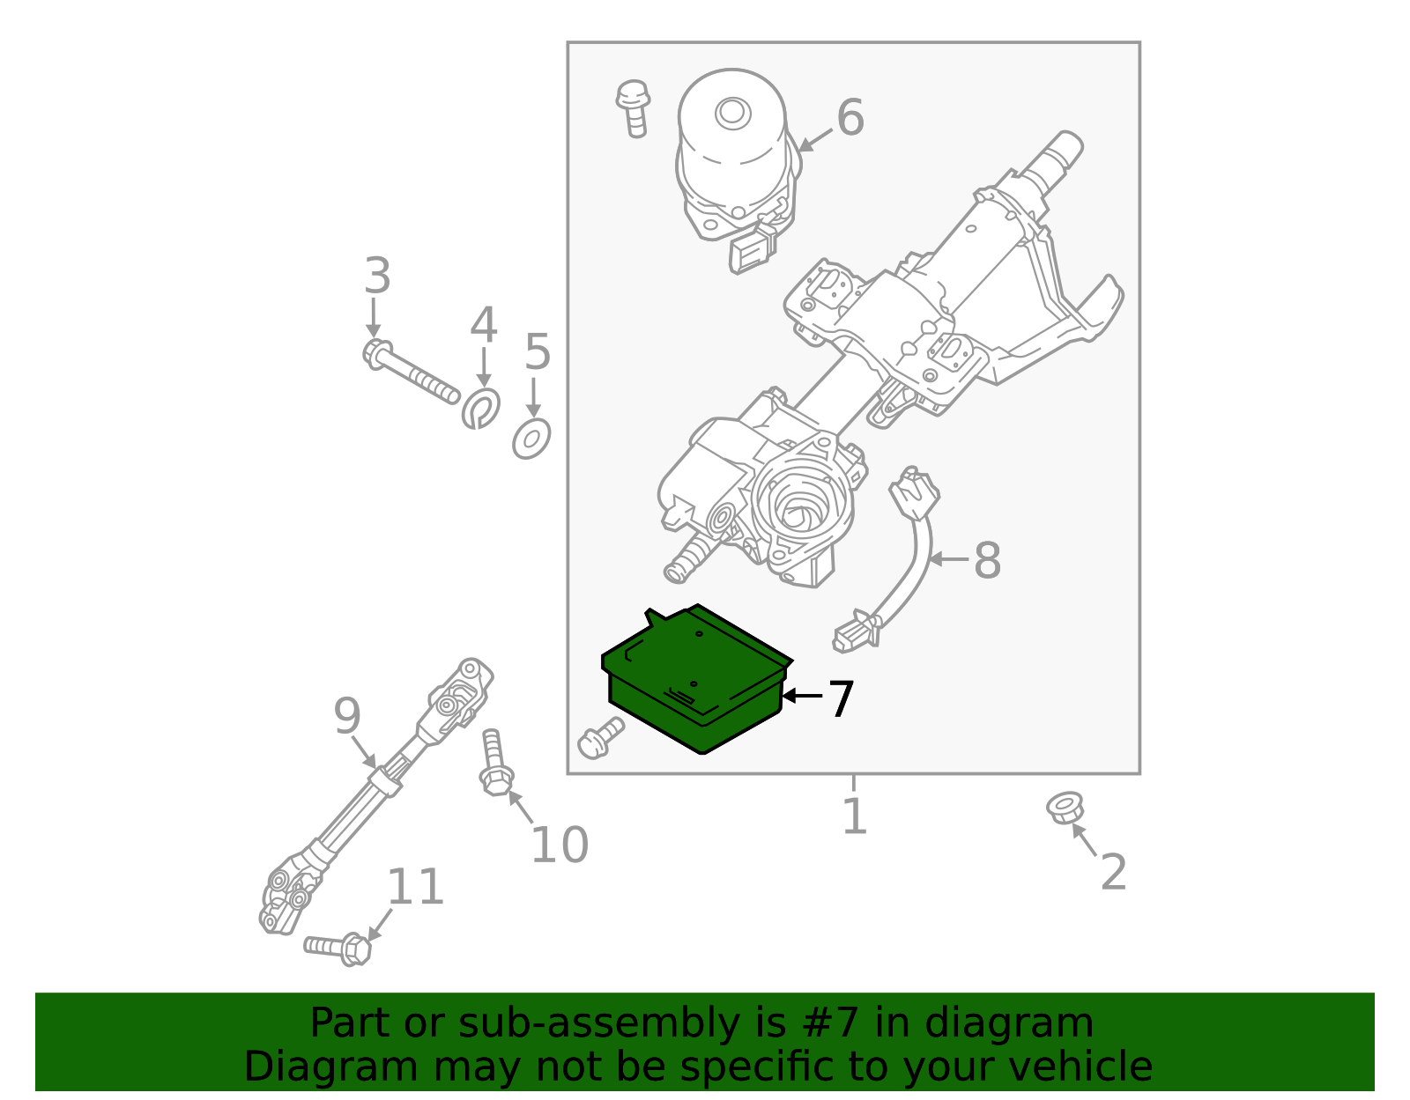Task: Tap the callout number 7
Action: coord(841,699)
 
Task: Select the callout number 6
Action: coord(850,118)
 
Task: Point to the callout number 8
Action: coord(987,560)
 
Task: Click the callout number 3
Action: coord(377,277)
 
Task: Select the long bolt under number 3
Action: coord(410,373)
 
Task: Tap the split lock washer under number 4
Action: coord(481,408)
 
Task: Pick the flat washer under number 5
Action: coord(531,438)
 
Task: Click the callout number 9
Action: coord(347,716)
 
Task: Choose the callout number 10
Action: coord(559,845)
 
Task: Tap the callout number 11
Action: coord(415,887)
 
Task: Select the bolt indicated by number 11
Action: coord(338,948)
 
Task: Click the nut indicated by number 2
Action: coord(1065,808)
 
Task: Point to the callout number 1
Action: coord(854,816)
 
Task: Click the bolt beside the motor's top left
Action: coord(633,107)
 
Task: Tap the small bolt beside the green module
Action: coord(600,737)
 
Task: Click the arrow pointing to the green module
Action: coord(802,696)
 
